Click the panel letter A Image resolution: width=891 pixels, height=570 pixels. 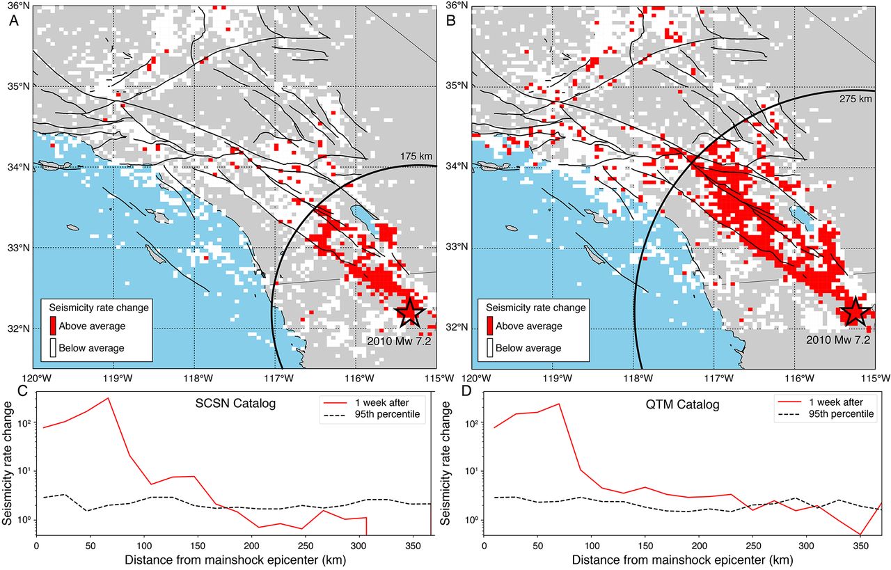(13, 21)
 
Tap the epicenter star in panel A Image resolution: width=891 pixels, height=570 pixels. (409, 312)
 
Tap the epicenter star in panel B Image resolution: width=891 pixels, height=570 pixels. (854, 312)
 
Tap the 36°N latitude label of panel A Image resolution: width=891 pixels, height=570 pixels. (17, 6)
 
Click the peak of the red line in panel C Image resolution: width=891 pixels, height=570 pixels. (108, 398)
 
